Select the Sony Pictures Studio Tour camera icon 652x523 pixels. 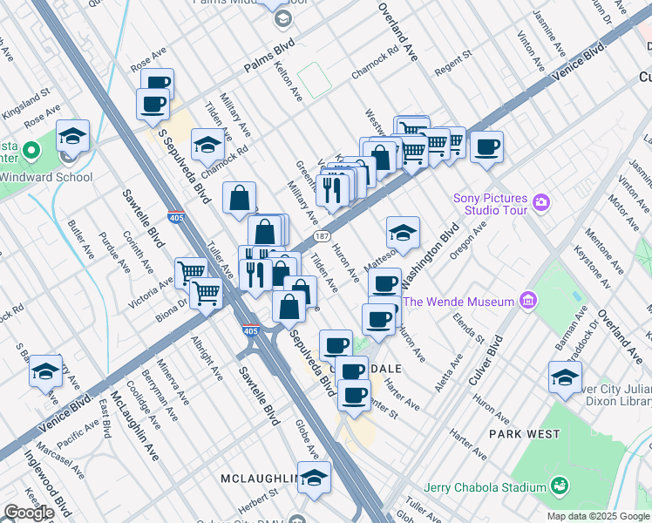[x=542, y=203]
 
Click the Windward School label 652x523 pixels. [x=48, y=177]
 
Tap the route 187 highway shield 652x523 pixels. [x=322, y=236]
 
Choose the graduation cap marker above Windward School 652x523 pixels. [x=73, y=136]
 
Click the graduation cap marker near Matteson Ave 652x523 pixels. [x=403, y=233]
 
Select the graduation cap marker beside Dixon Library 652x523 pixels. [x=565, y=377]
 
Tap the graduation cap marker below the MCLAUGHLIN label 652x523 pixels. [x=315, y=477]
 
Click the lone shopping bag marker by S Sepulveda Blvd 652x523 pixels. [x=239, y=198]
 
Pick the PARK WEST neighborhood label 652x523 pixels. [x=524, y=433]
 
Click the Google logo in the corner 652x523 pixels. [x=28, y=513]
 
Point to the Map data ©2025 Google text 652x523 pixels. [x=598, y=516]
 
